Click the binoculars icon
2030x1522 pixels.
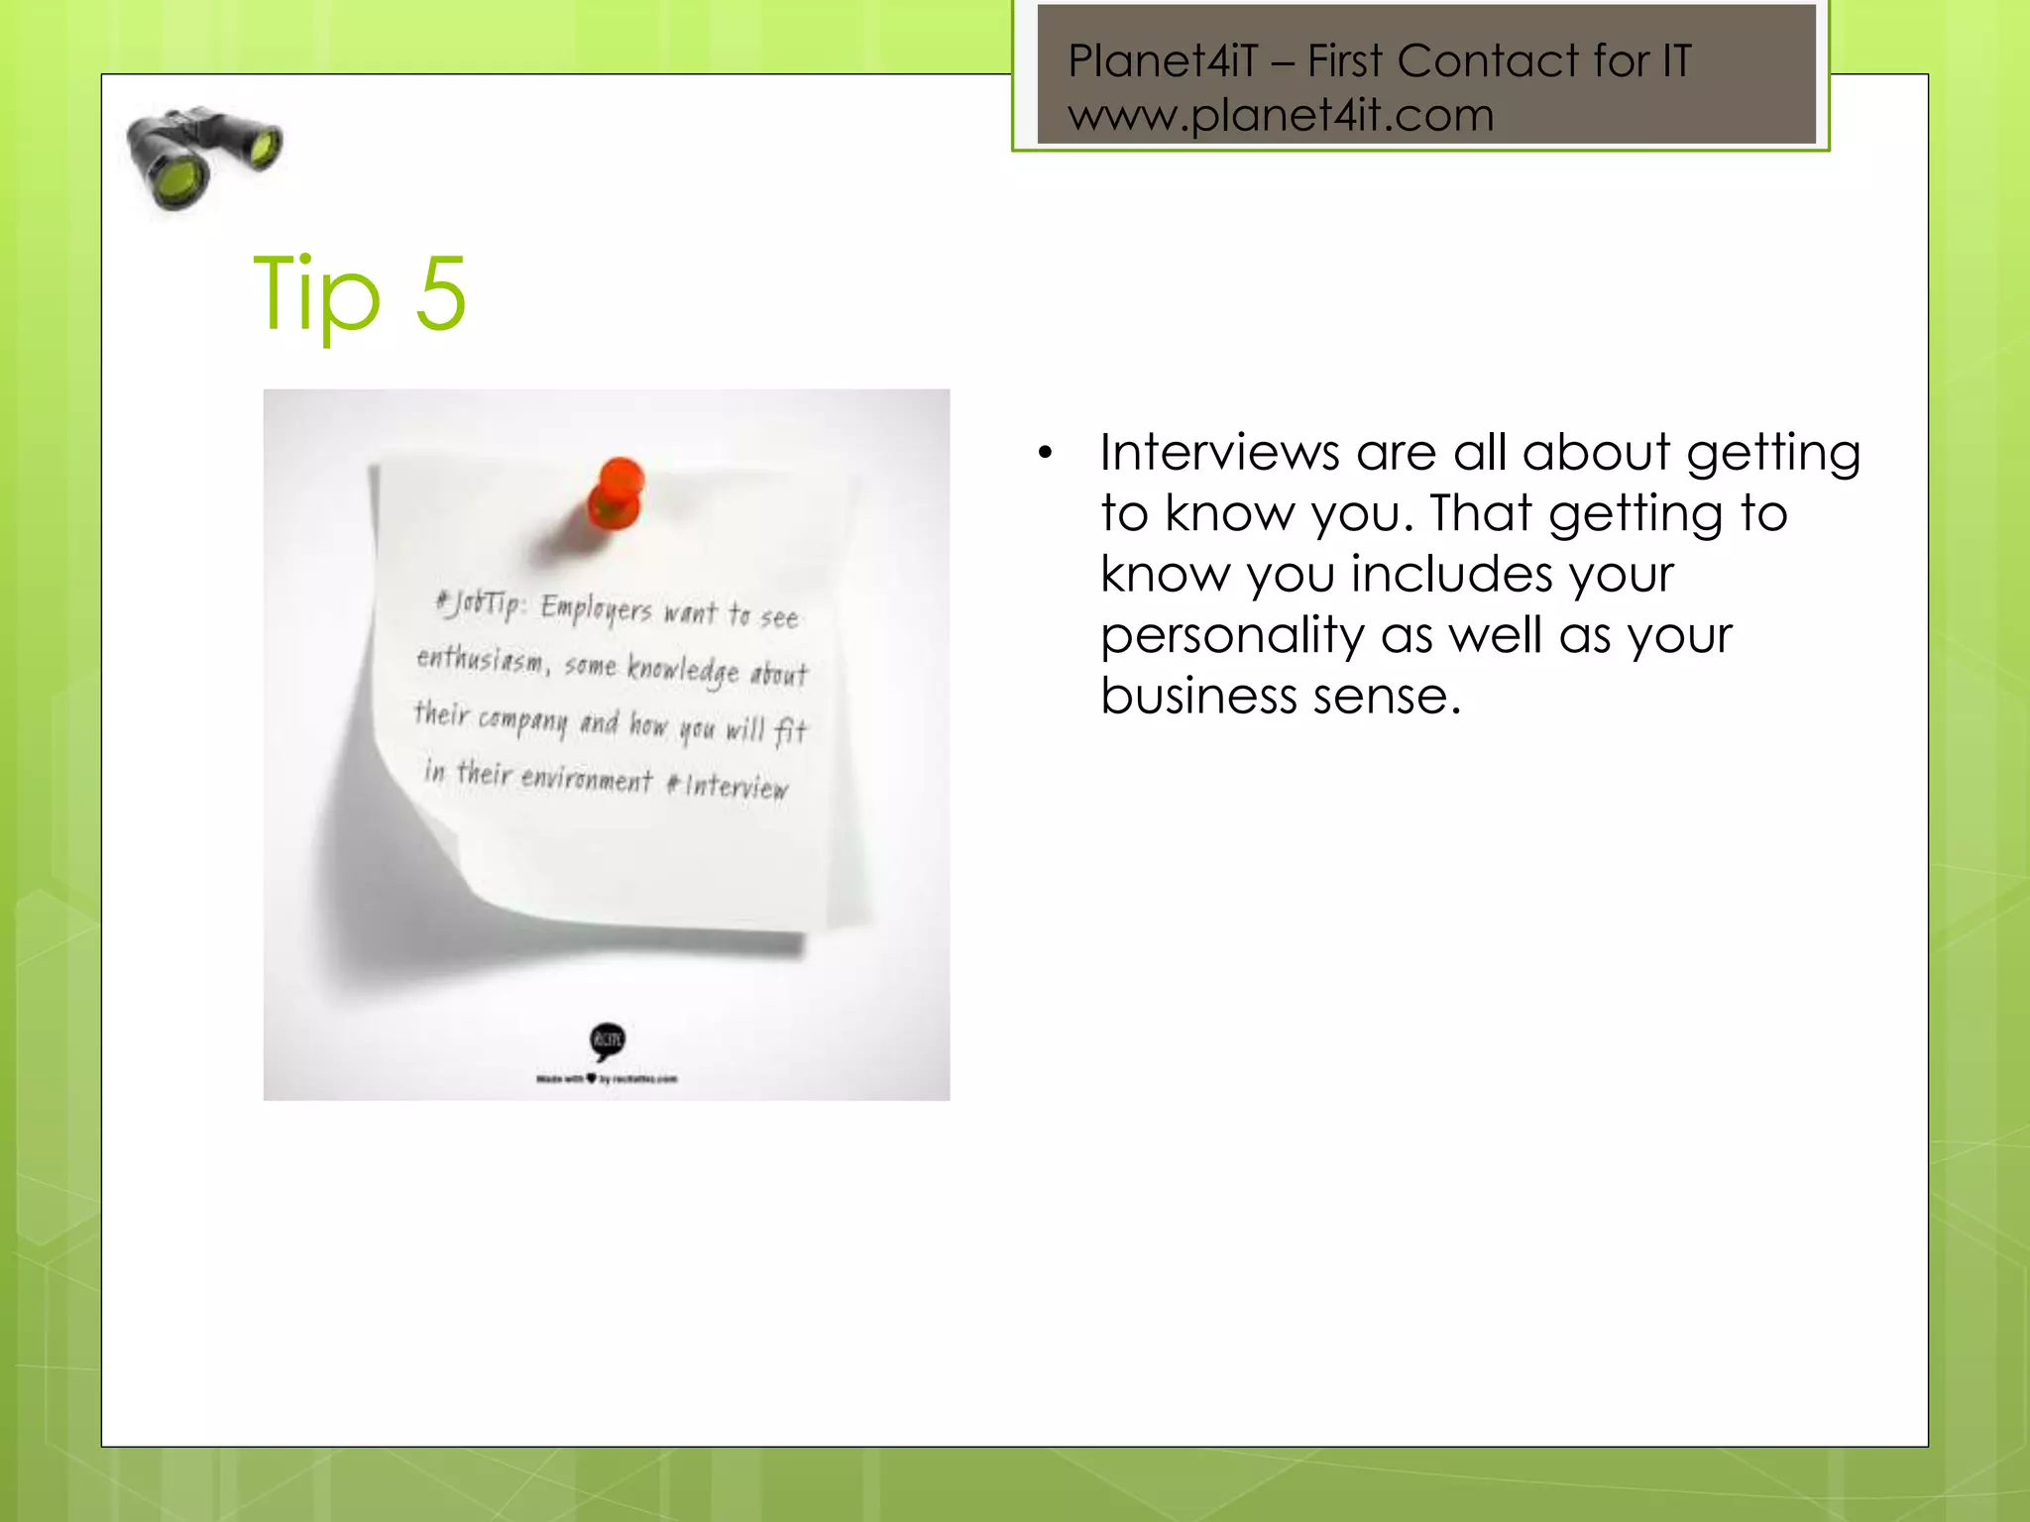pos(203,158)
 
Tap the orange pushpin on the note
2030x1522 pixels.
pos(617,493)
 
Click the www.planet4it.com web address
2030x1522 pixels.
pos(1280,115)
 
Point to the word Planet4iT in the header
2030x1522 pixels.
pos(1163,61)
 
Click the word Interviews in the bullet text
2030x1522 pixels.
pos(1219,453)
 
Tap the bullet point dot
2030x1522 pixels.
pos(1044,454)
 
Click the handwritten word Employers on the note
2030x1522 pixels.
pos(596,608)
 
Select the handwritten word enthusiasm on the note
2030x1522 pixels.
pos(480,659)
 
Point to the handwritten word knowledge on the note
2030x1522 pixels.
pos(682,670)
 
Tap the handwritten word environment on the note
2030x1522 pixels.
pos(586,778)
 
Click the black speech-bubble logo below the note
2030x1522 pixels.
pos(608,1040)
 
